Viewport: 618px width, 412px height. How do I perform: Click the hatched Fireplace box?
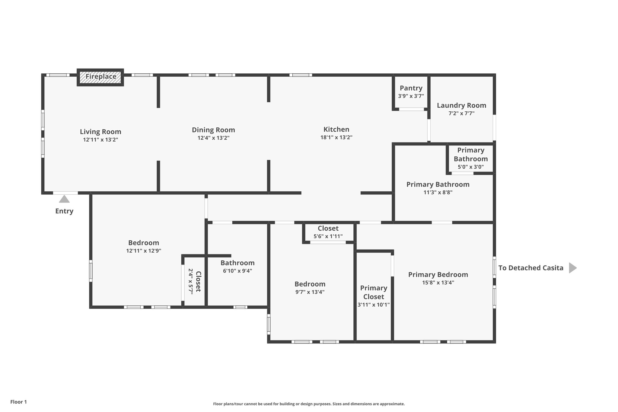point(100,77)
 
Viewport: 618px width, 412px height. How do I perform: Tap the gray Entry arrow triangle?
point(64,199)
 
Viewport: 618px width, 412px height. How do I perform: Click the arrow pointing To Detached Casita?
point(572,268)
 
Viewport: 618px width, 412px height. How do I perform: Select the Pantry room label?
point(411,88)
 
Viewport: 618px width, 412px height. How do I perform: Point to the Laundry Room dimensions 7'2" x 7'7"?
point(461,113)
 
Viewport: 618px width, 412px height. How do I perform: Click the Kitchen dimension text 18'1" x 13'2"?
point(336,137)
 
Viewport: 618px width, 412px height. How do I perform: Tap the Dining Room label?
point(213,130)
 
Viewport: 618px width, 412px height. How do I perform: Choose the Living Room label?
point(100,132)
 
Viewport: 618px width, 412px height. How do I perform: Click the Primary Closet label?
point(374,292)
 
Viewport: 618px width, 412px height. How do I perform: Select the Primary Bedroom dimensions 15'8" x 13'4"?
point(438,283)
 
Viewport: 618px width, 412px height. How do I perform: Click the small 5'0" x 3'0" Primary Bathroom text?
point(470,167)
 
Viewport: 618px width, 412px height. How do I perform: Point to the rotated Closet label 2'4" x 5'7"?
point(194,281)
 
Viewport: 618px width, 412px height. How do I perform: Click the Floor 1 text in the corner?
point(18,402)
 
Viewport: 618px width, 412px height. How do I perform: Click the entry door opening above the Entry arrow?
point(65,193)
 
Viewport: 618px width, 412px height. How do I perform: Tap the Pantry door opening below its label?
point(411,109)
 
